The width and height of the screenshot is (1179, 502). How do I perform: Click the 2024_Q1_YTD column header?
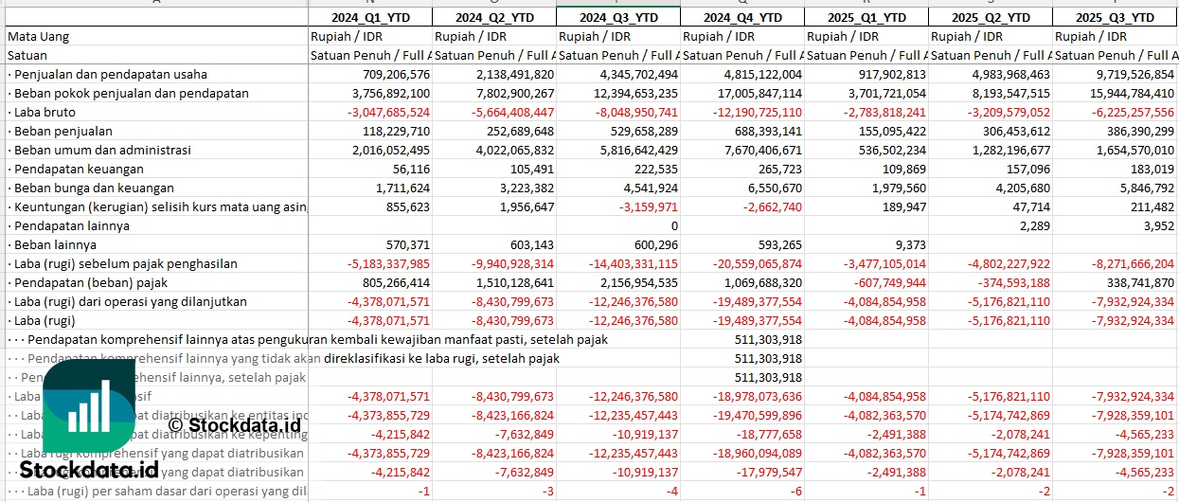coord(369,18)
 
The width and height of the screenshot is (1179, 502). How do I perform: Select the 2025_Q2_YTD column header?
coord(991,18)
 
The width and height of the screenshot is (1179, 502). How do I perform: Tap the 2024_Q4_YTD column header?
coord(742,18)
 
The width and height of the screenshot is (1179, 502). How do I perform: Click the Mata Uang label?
coord(38,37)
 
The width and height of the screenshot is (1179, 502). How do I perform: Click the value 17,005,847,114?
coord(748,94)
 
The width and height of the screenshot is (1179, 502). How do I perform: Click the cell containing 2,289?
coord(1032,226)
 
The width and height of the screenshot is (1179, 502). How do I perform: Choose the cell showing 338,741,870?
coord(1136,283)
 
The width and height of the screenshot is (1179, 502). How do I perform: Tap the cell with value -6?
coord(795,492)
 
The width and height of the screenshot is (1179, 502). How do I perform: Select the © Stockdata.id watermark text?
coord(234,426)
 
